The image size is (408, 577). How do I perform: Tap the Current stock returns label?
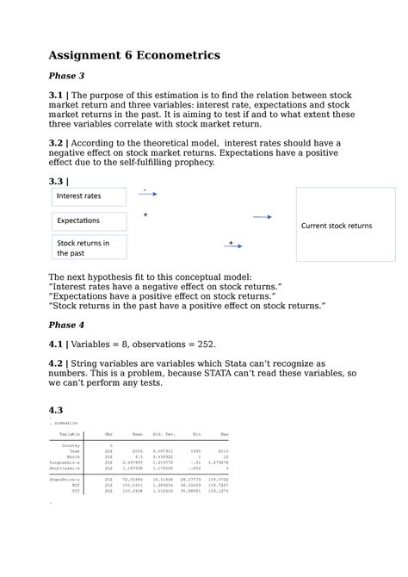(x=336, y=226)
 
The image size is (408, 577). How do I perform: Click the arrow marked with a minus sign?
(x=147, y=195)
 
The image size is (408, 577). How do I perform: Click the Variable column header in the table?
(x=70, y=435)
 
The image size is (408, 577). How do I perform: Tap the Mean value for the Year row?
(x=138, y=450)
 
